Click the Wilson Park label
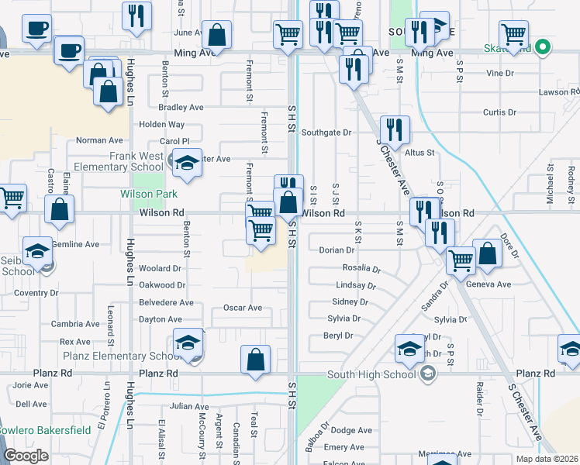[148, 194]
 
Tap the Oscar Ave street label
[243, 308]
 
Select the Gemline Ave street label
[75, 244]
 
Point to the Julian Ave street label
[190, 406]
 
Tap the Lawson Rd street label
[554, 92]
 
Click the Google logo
[26, 455]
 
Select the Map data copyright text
[547, 459]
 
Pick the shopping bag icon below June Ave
[216, 34]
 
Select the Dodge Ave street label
[351, 430]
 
